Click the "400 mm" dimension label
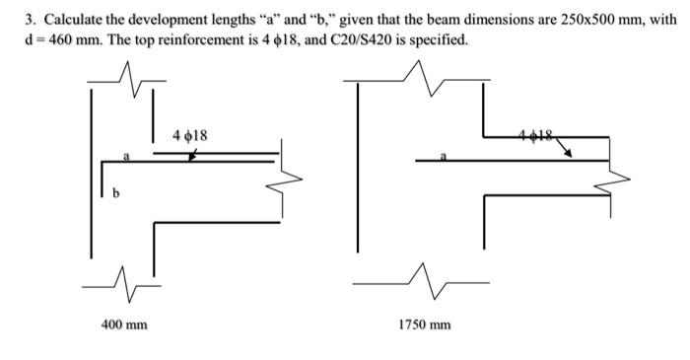point(125,323)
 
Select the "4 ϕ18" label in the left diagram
point(189,134)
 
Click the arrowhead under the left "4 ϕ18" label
point(193,156)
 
